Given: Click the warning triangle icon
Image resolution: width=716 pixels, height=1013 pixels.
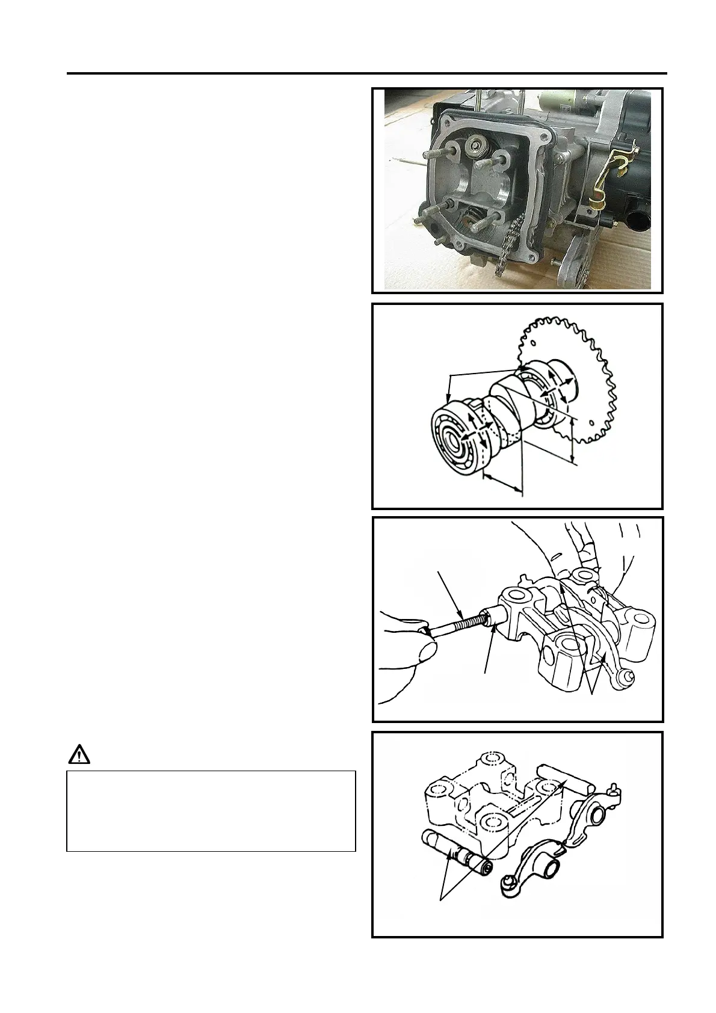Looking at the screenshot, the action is pyautogui.click(x=78, y=754).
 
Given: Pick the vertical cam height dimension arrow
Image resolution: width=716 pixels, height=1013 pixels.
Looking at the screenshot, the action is pyautogui.click(x=572, y=443).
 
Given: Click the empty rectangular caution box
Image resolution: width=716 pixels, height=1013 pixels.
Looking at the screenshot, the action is pyautogui.click(x=211, y=811).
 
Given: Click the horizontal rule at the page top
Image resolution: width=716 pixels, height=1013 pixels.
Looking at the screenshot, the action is pyautogui.click(x=367, y=75).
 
